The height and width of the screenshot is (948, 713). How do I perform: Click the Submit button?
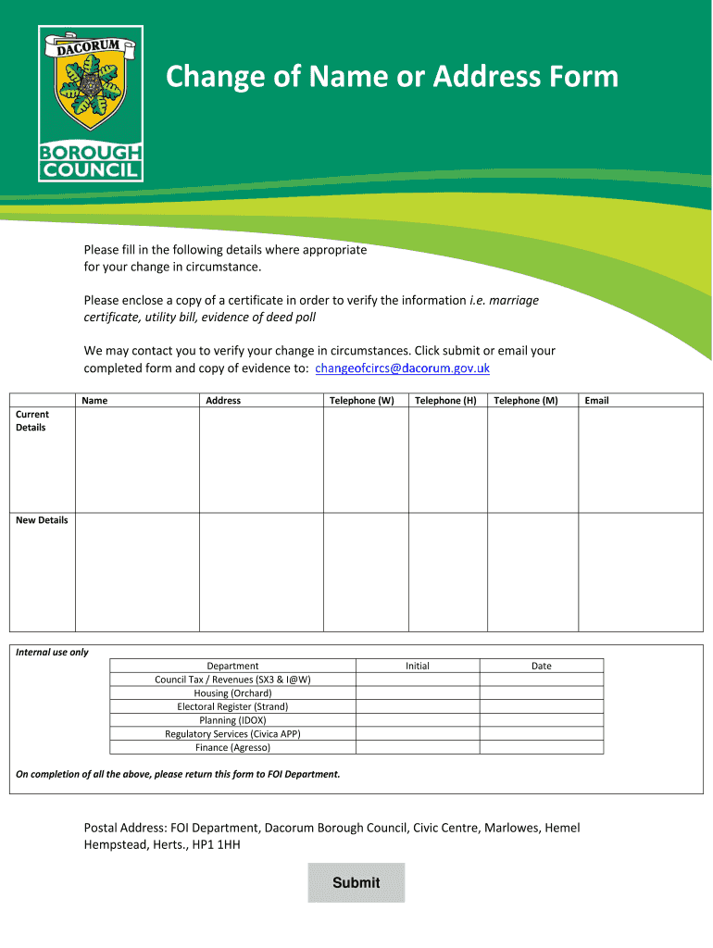(356, 882)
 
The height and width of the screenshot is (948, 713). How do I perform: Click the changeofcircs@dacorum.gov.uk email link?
(403, 368)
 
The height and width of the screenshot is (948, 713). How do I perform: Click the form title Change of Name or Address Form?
(392, 77)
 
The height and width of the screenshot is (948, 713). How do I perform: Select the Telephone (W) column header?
(362, 401)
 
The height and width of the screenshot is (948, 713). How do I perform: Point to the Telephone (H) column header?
(445, 401)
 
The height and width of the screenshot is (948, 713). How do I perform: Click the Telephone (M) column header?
(526, 401)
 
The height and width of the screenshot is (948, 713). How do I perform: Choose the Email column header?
(596, 401)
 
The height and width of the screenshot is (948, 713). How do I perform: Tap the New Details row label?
(42, 520)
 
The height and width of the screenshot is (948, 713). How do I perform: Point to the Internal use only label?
(53, 653)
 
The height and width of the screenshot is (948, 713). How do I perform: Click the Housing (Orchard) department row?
(232, 693)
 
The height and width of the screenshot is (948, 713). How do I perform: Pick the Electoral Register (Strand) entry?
(232, 706)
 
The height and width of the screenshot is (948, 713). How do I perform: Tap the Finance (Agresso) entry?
(232, 747)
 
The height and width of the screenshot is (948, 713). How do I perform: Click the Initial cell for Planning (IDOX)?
(418, 720)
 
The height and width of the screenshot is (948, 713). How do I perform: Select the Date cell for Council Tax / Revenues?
(541, 680)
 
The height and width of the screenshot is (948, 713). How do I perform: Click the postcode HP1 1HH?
(217, 844)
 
